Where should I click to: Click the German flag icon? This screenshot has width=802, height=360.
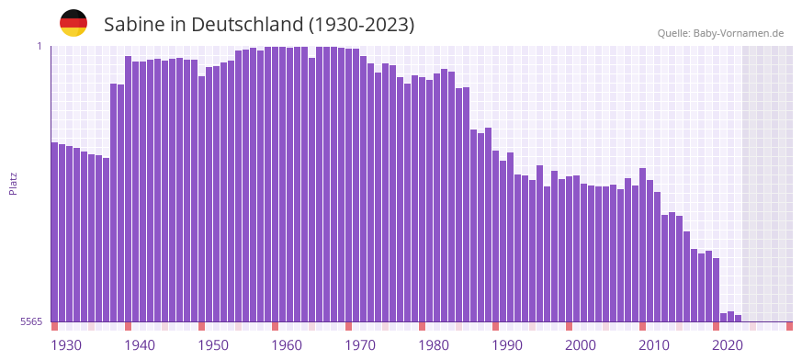73,23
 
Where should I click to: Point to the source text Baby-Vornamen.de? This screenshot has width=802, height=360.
739,33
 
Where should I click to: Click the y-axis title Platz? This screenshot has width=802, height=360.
13,184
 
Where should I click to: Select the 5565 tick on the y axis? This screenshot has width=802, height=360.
30,321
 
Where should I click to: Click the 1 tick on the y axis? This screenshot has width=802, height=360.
40,46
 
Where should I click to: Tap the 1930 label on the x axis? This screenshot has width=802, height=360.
66,345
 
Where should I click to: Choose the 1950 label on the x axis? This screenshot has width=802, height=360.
213,345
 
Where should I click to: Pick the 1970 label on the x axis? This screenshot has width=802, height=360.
360,345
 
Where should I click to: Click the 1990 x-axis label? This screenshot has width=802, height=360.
507,345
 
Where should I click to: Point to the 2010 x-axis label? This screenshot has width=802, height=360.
654,345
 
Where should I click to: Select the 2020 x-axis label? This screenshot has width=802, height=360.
728,345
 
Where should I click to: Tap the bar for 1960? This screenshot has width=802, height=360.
276,184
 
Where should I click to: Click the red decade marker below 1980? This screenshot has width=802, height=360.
423,326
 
